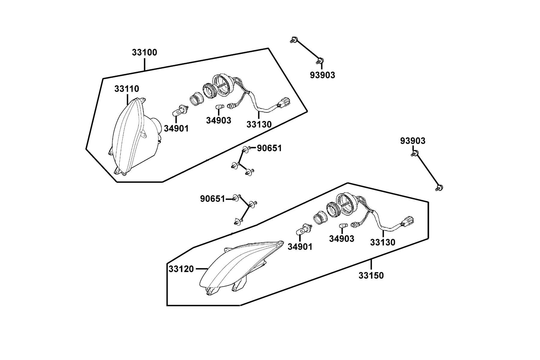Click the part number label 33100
[144, 52]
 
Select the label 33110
[127, 89]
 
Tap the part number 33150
[371, 275]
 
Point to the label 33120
[181, 269]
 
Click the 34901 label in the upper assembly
[176, 129]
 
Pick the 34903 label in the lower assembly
[342, 239]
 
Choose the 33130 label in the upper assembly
[259, 124]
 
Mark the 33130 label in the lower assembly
[383, 242]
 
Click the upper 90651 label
[269, 148]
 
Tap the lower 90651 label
[213, 199]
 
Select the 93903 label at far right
[413, 141]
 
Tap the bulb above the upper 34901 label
[180, 110]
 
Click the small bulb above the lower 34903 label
[342, 226]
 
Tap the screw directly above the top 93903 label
[320, 61]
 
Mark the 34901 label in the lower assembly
[300, 247]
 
